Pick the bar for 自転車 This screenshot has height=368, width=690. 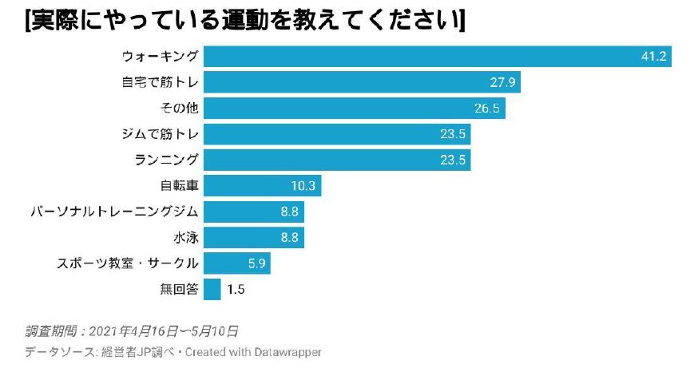click(263, 186)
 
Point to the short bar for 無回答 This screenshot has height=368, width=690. click(212, 289)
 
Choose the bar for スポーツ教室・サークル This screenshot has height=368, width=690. click(237, 263)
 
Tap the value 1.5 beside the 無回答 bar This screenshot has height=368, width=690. click(236, 290)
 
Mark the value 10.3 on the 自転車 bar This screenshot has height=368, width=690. click(305, 186)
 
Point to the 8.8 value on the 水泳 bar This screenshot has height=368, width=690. click(289, 238)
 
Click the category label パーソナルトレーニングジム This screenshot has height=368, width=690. click(113, 212)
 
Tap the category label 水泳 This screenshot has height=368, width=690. click(184, 238)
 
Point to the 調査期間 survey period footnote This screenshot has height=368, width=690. click(131, 330)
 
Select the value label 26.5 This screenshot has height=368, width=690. click(488, 109)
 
